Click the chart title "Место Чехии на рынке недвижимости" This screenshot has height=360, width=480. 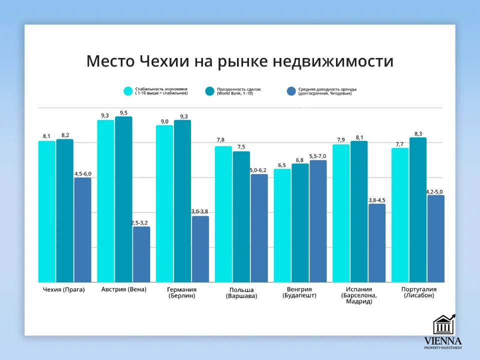(x=240, y=61)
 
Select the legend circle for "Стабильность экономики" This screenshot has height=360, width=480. (x=128, y=91)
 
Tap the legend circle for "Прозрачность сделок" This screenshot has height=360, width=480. (x=210, y=91)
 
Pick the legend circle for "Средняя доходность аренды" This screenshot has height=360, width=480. (x=291, y=91)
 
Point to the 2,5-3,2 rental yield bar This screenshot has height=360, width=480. (x=141, y=254)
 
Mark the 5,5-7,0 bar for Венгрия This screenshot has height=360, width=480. (x=318, y=221)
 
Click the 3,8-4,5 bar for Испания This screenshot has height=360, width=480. (x=377, y=243)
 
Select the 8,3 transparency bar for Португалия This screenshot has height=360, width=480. (x=418, y=210)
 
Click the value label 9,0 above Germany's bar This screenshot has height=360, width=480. (x=164, y=121)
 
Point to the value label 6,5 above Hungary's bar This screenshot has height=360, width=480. (x=282, y=165)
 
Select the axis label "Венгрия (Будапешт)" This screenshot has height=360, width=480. (x=299, y=292)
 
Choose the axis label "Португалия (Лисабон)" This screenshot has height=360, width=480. (x=419, y=292)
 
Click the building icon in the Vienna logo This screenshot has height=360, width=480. (x=443, y=325)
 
